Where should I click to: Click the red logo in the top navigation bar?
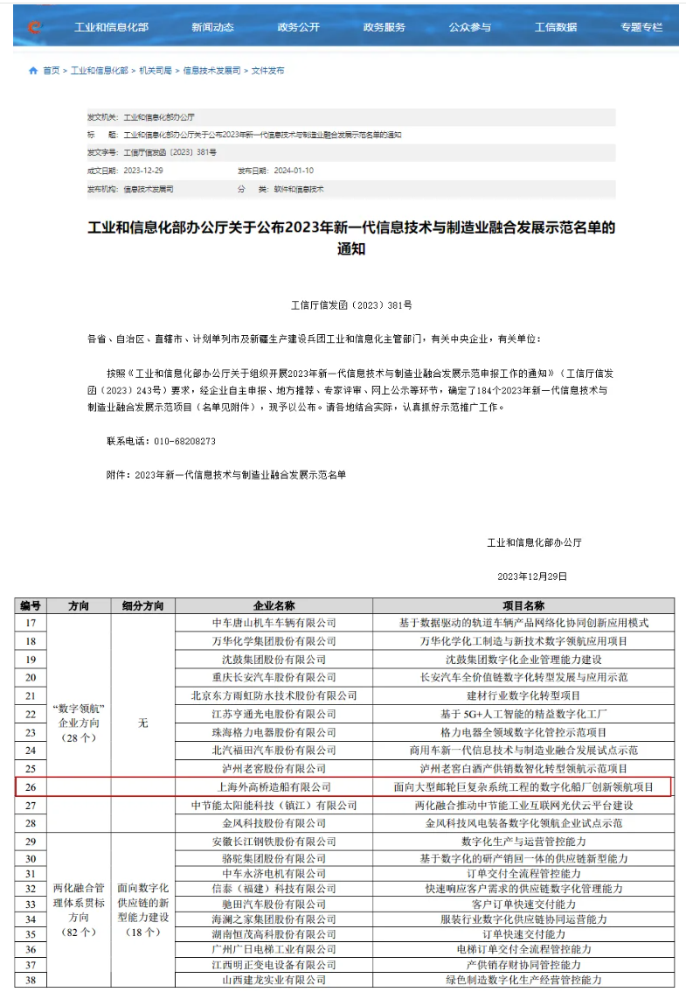34,27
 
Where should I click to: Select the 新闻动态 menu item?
213,27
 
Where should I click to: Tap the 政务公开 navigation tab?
299,27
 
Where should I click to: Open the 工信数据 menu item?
556,27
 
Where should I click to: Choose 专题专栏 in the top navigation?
641,27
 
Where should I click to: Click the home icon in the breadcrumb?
33,71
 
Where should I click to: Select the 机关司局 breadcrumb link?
156,71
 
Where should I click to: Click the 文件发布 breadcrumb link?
267,71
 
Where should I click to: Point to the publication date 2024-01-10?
294,171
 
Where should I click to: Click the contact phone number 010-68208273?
174,441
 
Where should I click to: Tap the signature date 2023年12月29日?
532,576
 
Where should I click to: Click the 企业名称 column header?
274,605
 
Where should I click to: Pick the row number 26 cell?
31,786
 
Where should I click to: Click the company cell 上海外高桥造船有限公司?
274,787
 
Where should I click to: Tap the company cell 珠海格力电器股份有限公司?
274,732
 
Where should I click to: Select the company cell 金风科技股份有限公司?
274,823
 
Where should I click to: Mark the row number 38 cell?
31,981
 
